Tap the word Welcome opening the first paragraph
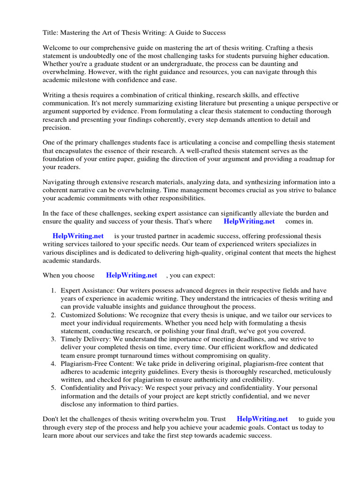[x=58, y=48]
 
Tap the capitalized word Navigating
[x=61, y=182]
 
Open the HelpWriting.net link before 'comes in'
[x=249, y=222]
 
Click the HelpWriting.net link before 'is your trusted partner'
[x=78, y=236]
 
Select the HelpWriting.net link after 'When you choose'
[x=131, y=276]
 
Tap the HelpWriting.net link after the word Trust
[x=262, y=419]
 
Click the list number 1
[x=53, y=291]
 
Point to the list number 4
[x=53, y=364]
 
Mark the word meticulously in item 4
[x=309, y=372]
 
